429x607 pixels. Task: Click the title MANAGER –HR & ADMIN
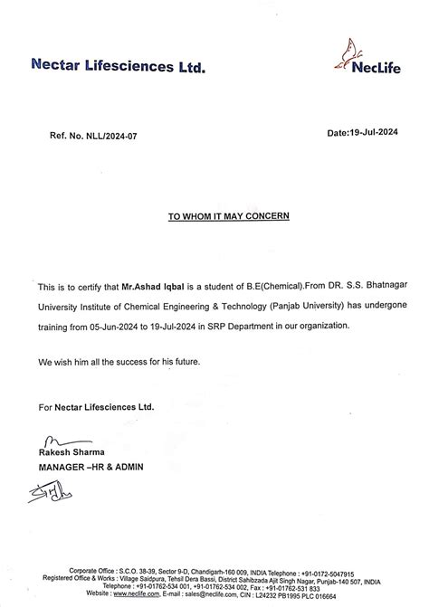point(91,467)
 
